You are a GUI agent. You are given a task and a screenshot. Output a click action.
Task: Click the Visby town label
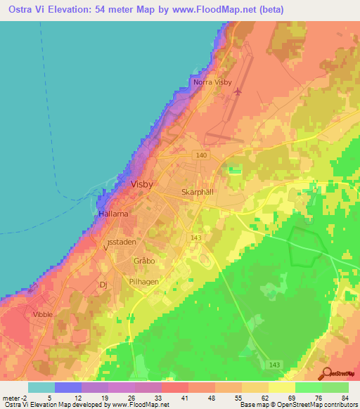point(142,184)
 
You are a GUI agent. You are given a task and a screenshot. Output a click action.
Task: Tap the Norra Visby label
point(212,83)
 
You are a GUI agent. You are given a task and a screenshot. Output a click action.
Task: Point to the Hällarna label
point(113,214)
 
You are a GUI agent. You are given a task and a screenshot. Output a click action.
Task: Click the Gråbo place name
point(143,261)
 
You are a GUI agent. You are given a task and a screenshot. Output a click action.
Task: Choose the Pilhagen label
point(144,280)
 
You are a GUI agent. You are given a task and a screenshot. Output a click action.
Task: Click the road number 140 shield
point(202,155)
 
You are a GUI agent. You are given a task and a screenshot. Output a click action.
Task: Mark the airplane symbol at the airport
point(237,91)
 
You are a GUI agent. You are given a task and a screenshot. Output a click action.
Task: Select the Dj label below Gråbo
point(103,285)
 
